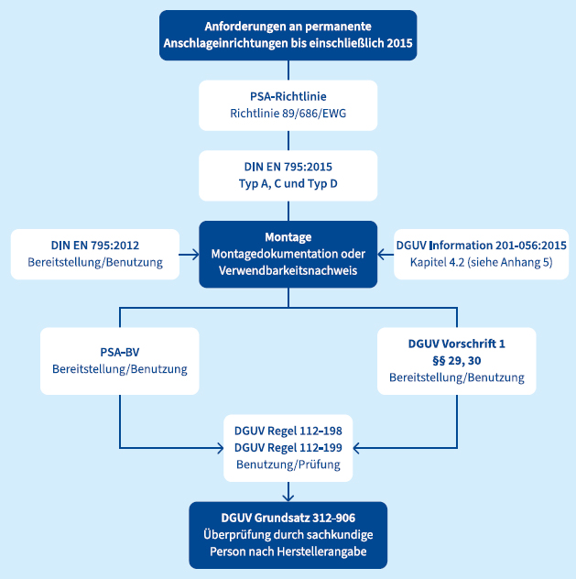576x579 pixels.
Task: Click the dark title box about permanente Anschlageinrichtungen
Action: point(288,35)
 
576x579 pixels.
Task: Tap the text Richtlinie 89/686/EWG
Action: point(288,115)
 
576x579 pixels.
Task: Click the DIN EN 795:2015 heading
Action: point(288,166)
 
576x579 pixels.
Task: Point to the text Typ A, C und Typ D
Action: point(288,184)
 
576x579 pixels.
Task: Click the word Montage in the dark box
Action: point(288,235)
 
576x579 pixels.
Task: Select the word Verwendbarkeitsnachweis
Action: point(288,272)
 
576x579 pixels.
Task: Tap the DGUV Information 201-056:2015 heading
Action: point(482,246)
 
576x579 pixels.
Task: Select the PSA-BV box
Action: point(120,360)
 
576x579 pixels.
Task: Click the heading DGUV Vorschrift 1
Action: point(456,343)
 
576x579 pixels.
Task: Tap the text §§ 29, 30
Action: point(456,360)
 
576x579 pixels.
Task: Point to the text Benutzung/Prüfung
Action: point(288,464)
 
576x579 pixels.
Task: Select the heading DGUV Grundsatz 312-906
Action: point(288,516)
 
